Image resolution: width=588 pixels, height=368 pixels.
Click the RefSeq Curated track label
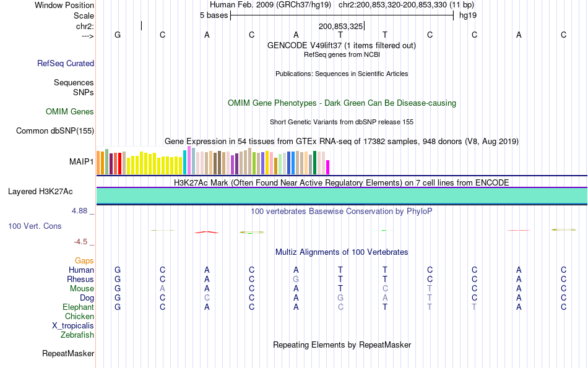point(66,63)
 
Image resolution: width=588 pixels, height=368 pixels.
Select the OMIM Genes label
point(70,112)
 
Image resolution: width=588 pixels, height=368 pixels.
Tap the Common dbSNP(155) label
point(55,131)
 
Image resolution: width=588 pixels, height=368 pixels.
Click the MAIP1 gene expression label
point(82,162)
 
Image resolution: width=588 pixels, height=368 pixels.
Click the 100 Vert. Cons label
point(35,226)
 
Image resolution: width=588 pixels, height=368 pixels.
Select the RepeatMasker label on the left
point(68,354)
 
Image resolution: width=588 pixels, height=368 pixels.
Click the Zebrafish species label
point(77,335)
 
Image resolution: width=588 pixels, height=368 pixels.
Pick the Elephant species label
point(78,307)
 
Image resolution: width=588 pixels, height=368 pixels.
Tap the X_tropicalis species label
point(73,326)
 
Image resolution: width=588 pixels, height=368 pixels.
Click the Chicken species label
point(79,317)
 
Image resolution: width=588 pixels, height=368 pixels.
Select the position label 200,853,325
point(340,27)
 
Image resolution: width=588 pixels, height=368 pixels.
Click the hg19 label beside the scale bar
point(467,15)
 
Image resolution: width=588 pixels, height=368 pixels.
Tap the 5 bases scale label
point(214,15)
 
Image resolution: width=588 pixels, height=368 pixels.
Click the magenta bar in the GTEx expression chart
point(328,168)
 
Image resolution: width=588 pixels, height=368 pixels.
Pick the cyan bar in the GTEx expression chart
point(184,163)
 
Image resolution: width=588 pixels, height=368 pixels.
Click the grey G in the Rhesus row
point(296,280)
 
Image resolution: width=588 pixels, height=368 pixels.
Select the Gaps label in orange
point(84,261)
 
